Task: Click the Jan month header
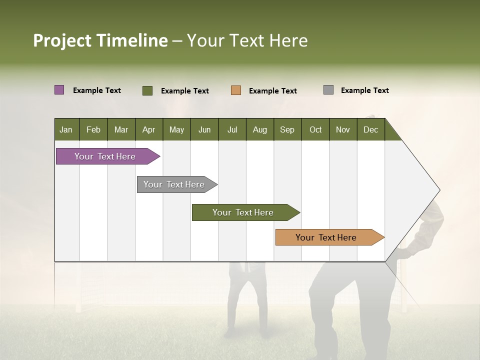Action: (x=66, y=129)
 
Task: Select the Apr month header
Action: (x=148, y=129)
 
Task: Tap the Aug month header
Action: (x=259, y=129)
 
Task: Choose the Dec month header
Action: (x=370, y=129)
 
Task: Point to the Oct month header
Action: (x=315, y=129)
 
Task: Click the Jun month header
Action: (x=204, y=129)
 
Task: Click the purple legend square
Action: (x=59, y=90)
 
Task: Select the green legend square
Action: (x=147, y=90)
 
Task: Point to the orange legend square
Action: (x=236, y=90)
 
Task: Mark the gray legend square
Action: (x=328, y=90)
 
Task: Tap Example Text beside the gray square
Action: (x=364, y=90)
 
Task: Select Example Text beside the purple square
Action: (x=97, y=90)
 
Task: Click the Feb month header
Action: (x=93, y=129)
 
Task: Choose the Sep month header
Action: (x=287, y=129)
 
